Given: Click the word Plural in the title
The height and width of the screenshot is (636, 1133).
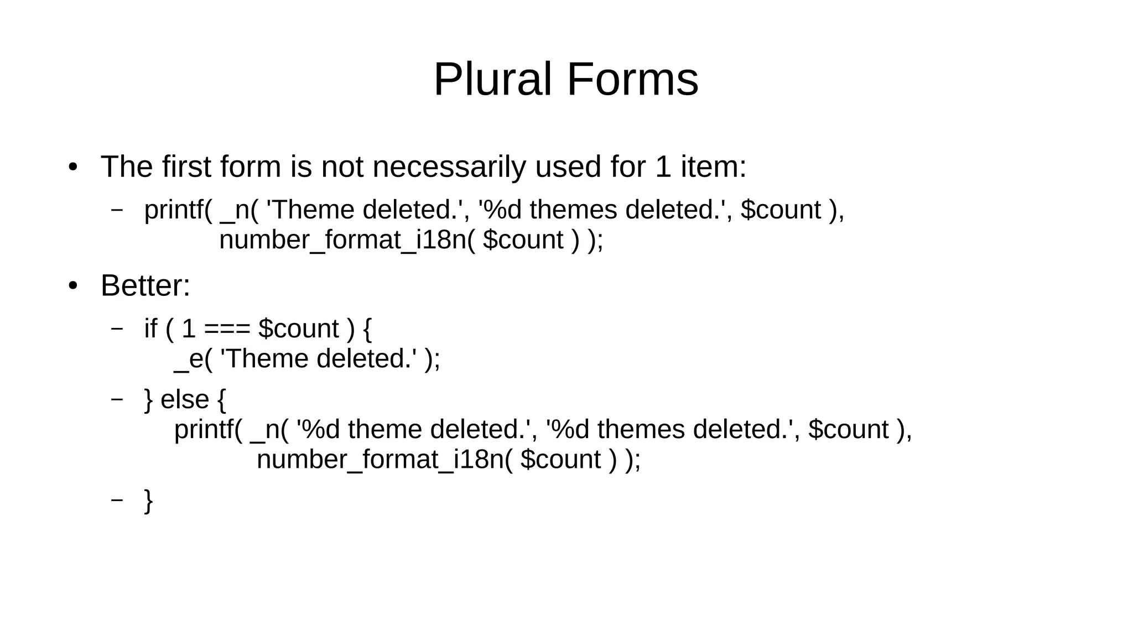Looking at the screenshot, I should pos(492,80).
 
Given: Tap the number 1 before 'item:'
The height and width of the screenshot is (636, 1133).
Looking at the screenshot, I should pos(663,166).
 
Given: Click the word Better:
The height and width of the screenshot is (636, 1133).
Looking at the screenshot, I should pos(145,286).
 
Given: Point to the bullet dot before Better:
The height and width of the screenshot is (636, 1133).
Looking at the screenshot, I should pos(73,286).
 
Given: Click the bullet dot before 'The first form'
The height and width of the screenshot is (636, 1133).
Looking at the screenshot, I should pos(73,167).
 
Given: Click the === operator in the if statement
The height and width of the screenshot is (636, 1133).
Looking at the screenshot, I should pos(227,329).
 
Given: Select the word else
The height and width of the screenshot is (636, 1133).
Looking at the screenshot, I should pos(185,399).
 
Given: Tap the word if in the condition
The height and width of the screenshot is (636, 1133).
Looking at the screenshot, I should pos(150,329).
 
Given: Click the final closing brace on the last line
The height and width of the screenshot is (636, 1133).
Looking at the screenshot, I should pos(148,501).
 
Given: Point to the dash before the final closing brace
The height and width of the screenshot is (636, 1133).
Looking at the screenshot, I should pos(117,500).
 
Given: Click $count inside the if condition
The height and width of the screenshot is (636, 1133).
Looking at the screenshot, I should pos(298,329).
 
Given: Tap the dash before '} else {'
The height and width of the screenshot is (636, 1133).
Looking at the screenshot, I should pos(117,399).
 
